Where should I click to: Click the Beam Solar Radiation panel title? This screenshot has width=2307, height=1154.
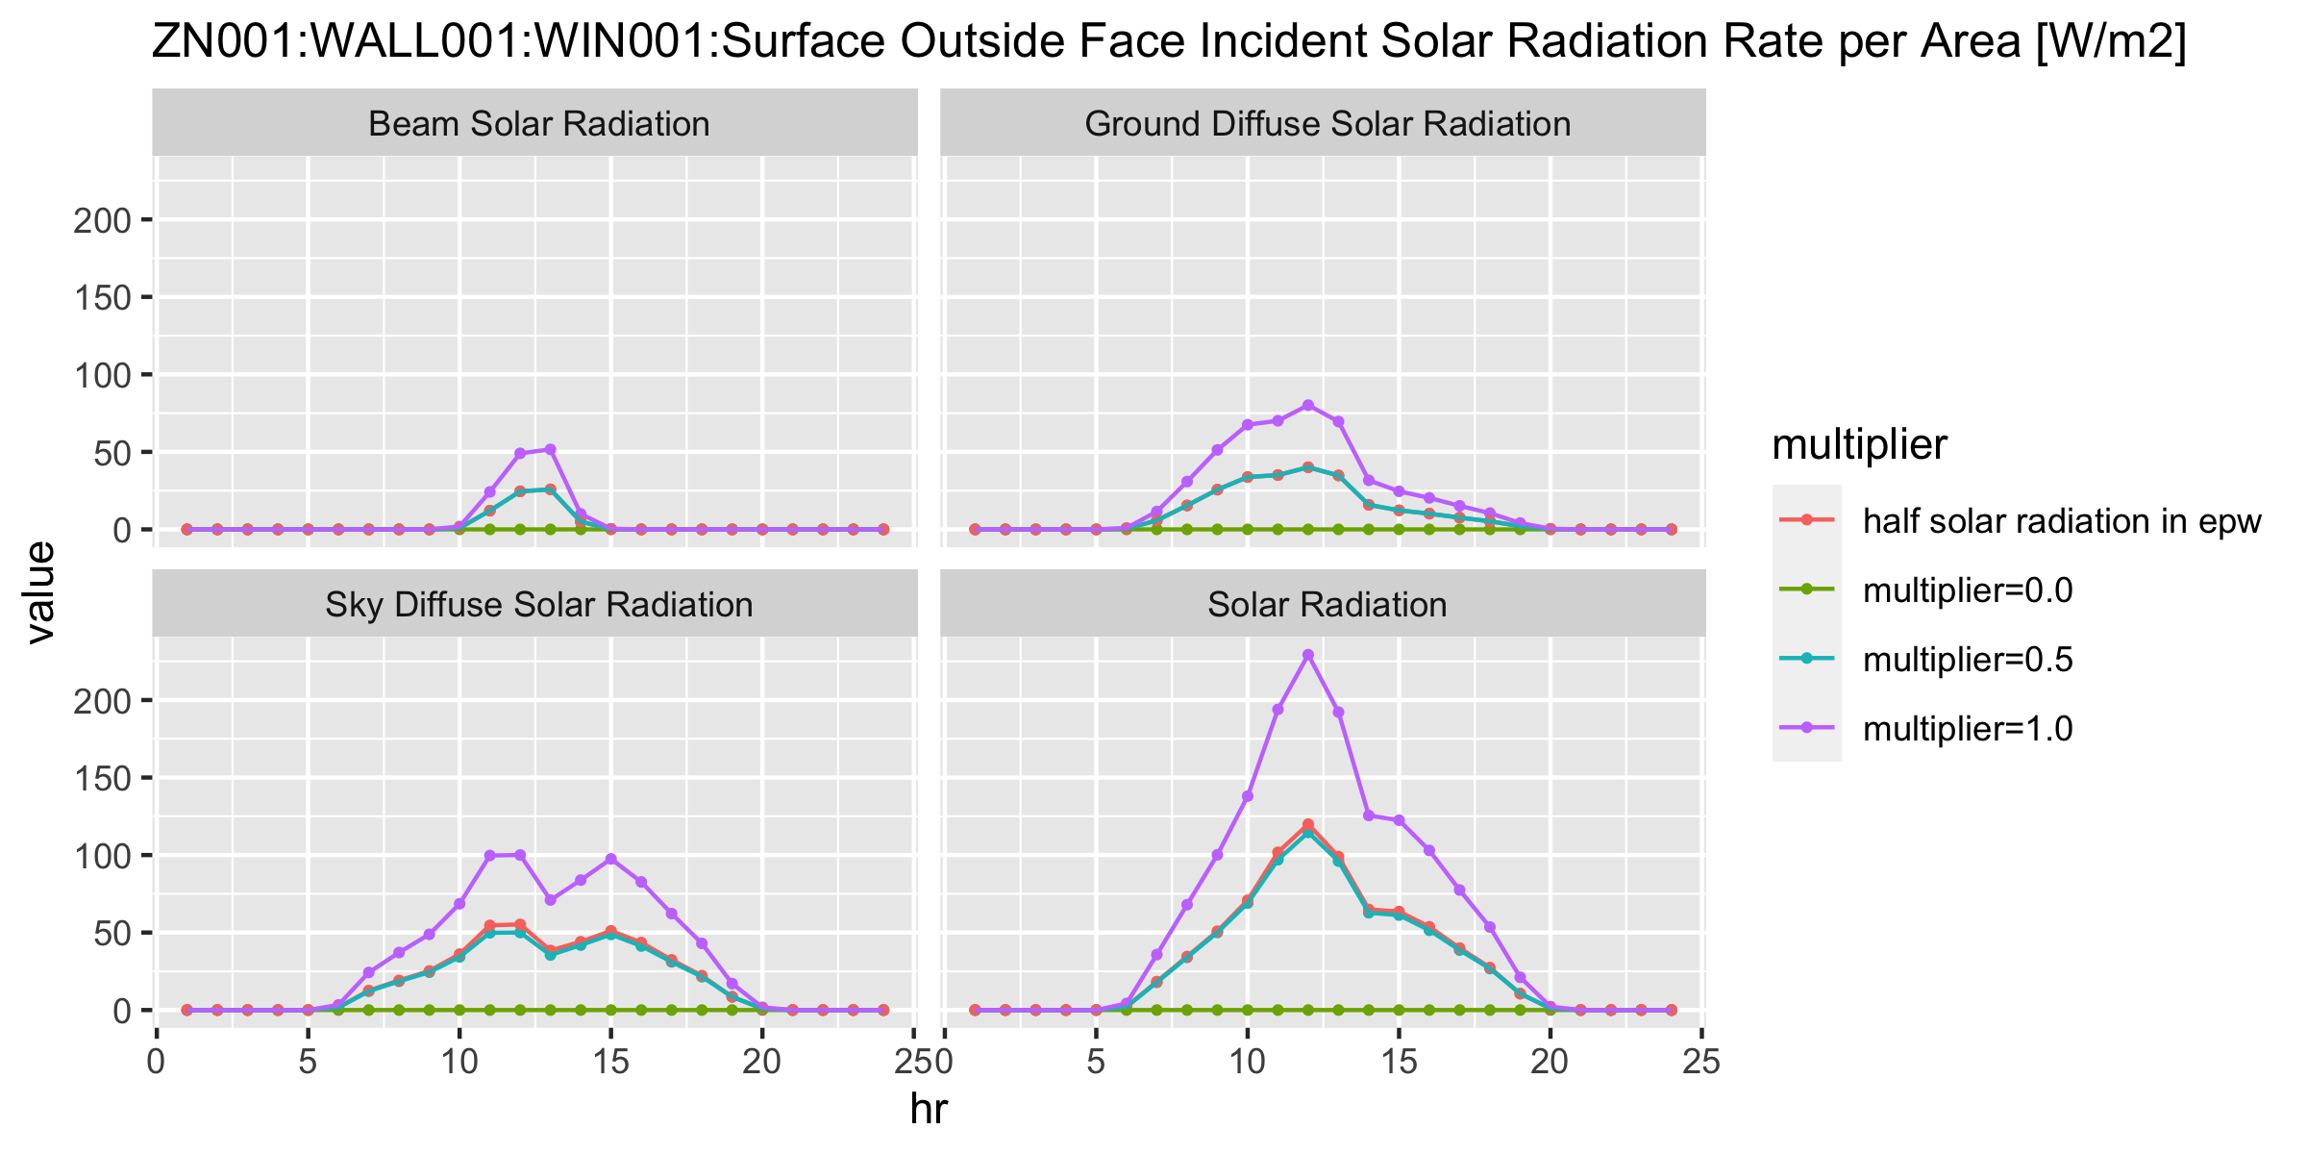(x=538, y=124)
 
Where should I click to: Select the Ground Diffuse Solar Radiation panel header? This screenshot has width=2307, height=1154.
(x=1327, y=124)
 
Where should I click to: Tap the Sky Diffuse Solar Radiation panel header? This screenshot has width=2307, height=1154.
(x=538, y=605)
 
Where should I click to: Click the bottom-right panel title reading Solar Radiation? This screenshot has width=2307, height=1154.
(x=1327, y=605)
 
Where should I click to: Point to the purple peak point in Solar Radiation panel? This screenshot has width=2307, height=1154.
(x=1307, y=655)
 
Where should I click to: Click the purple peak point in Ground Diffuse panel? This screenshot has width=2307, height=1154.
(x=1307, y=405)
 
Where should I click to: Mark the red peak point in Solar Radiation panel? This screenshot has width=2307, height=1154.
(x=1307, y=824)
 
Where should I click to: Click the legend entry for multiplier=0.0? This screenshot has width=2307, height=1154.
(x=1967, y=590)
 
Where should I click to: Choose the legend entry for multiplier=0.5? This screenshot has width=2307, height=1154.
(x=1967, y=660)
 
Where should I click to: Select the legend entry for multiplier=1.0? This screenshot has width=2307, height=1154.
(x=1967, y=729)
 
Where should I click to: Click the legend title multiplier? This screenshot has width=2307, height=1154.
(x=1859, y=445)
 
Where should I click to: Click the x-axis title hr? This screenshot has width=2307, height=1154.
(x=929, y=1110)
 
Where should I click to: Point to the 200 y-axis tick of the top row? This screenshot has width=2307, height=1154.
(x=102, y=220)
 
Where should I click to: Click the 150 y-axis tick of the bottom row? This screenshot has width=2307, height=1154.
(x=102, y=778)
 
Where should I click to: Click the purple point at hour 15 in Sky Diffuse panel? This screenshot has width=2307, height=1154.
(x=610, y=859)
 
